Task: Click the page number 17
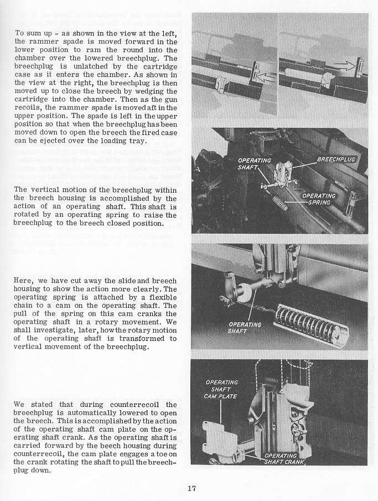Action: coord(192,488)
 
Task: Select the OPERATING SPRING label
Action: coord(318,199)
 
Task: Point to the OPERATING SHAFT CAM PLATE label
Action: coord(221,389)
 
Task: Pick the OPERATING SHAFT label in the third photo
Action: coord(245,328)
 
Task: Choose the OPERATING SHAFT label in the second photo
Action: coord(254,164)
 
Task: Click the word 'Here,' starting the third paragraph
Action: coord(23,280)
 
